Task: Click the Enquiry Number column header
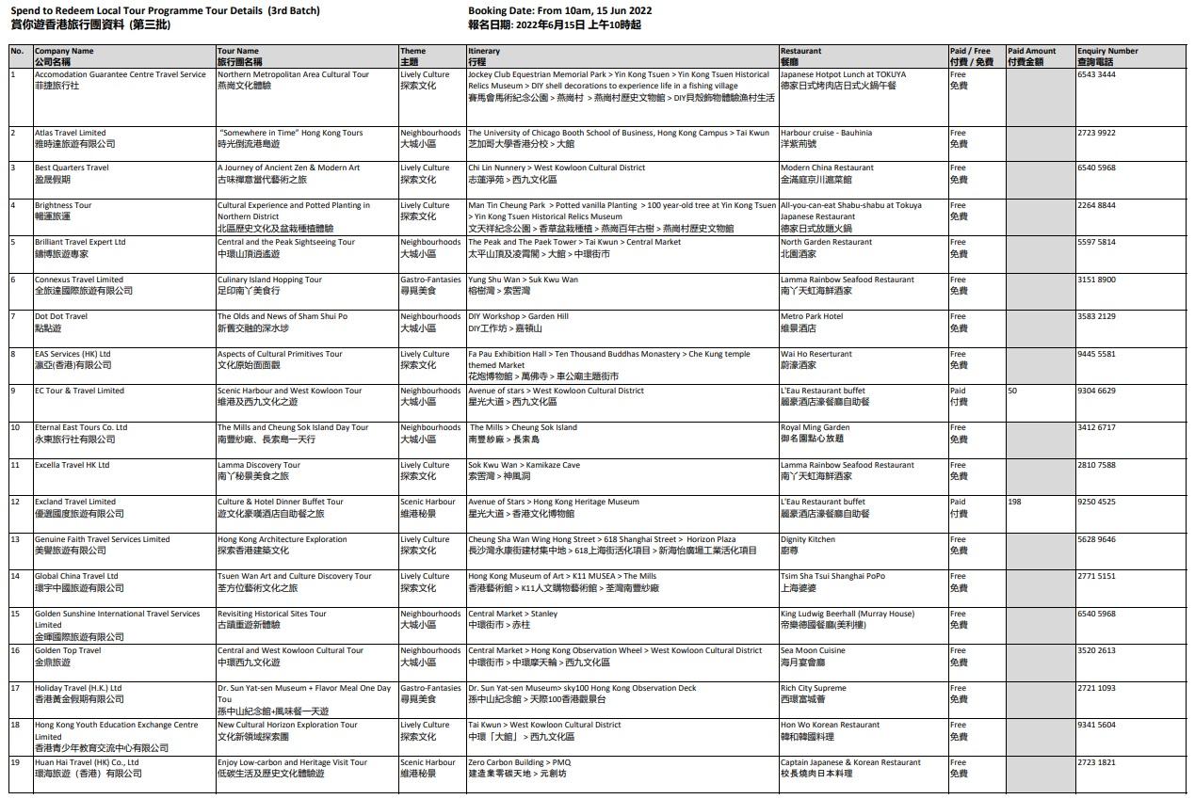coord(1107,51)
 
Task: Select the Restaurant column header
coord(800,51)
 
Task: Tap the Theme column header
coord(412,51)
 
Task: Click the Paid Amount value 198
coord(1014,503)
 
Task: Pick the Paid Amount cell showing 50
coord(1012,391)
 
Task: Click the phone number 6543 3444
coord(1096,74)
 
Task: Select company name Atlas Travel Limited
coord(71,133)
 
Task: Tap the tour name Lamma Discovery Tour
coord(259,465)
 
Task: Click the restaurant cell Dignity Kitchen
coord(808,539)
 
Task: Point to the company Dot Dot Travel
coord(61,316)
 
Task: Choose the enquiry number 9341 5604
coord(1096,725)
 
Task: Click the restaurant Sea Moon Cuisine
coord(813,650)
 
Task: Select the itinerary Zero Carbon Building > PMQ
coord(520,762)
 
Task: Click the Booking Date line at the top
coord(559,11)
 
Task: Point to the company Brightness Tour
coord(63,205)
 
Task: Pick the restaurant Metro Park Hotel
coord(812,316)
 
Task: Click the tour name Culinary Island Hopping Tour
coord(269,280)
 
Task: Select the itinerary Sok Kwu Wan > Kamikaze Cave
coord(524,465)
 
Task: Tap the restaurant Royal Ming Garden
coord(815,427)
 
